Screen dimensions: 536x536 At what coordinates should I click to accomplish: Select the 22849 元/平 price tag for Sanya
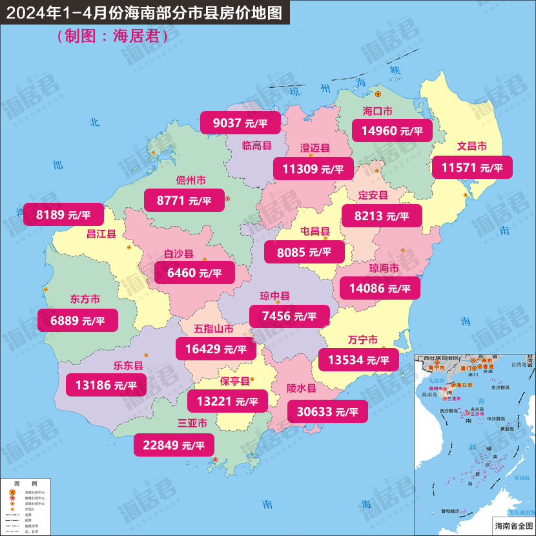pyautogui.click(x=173, y=444)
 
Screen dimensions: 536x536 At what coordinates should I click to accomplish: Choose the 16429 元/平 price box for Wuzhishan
pyautogui.click(x=216, y=349)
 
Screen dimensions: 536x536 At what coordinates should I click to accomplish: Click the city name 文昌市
pyautogui.click(x=471, y=146)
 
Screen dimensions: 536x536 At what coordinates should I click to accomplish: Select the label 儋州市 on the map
pyautogui.click(x=191, y=180)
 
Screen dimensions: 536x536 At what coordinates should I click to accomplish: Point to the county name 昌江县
pyautogui.click(x=101, y=234)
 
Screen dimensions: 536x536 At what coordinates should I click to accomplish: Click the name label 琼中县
pyautogui.click(x=275, y=296)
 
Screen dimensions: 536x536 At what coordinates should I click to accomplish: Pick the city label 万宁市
pyautogui.click(x=362, y=340)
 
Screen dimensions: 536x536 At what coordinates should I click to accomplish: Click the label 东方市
pyautogui.click(x=85, y=300)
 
